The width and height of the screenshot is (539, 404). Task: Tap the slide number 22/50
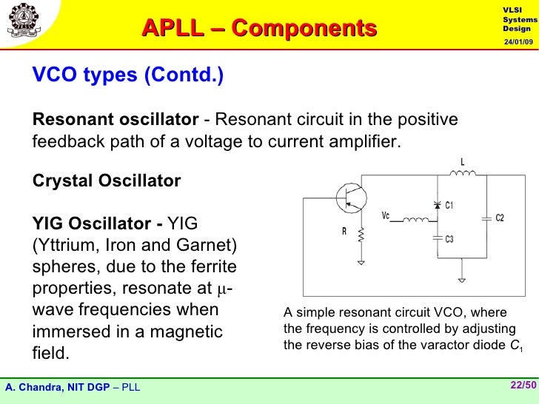point(521,385)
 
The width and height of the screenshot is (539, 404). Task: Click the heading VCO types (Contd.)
point(127,75)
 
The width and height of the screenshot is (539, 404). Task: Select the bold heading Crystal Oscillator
point(107,181)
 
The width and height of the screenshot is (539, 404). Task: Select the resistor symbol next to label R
point(361,235)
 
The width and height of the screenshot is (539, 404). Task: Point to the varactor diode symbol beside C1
point(436,205)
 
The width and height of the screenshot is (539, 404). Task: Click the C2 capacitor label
point(500,218)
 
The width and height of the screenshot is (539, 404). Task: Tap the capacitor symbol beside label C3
point(436,238)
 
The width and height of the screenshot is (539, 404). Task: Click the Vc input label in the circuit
point(385,215)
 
